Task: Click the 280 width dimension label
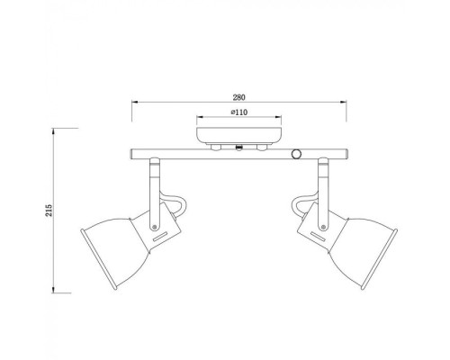coord(238,94)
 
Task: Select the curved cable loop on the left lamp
coord(178,206)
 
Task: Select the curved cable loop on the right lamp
coord(300,206)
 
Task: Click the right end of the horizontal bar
coord(343,156)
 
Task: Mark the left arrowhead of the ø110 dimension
coord(198,119)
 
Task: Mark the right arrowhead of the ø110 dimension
coord(279,119)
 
